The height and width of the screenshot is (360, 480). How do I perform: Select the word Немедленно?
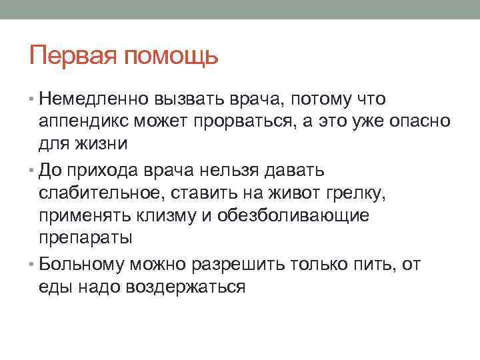(x=95, y=99)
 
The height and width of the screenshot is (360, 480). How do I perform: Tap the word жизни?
(x=99, y=144)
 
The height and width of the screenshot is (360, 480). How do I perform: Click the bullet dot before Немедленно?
(x=33, y=100)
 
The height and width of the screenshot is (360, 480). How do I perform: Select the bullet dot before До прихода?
(x=33, y=170)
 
